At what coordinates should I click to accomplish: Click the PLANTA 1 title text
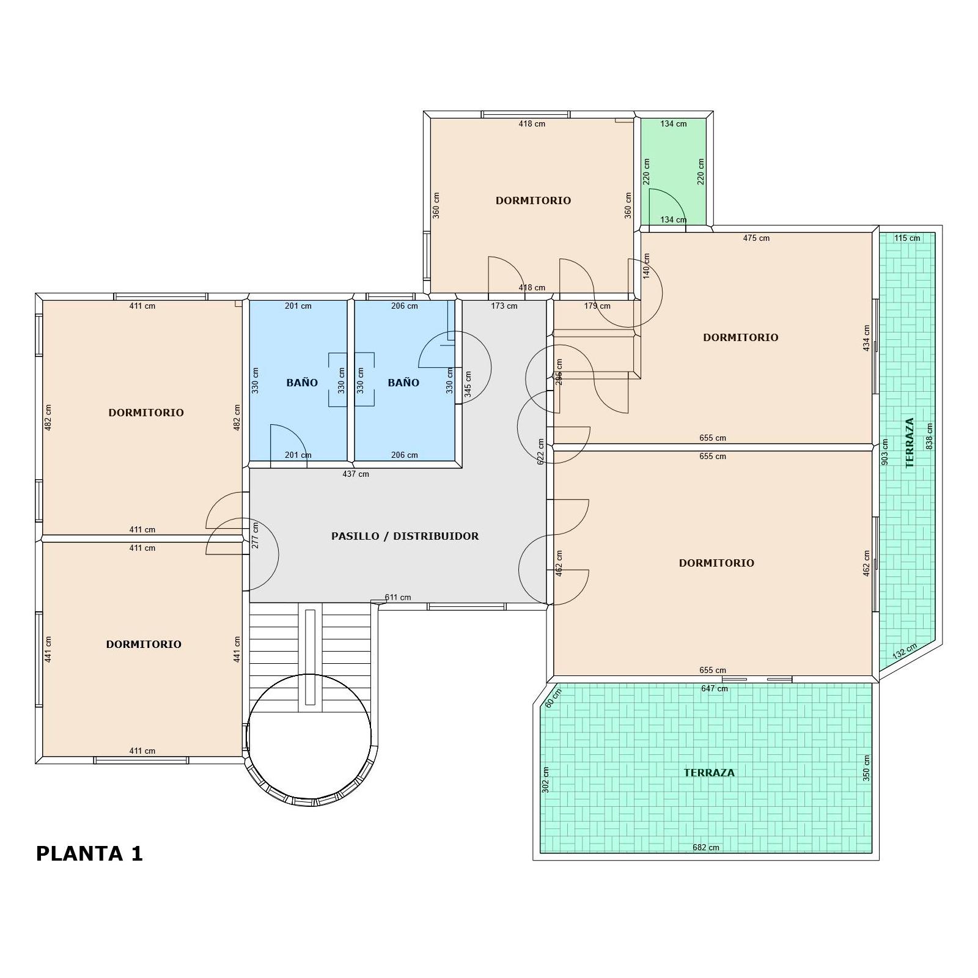coord(89,853)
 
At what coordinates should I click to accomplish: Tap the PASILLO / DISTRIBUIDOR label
coord(405,536)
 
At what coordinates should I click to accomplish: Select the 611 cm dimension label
coord(398,597)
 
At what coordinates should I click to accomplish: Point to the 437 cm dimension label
coord(356,474)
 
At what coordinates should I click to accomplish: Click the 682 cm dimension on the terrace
coord(706,847)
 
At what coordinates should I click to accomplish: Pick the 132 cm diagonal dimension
coord(905,651)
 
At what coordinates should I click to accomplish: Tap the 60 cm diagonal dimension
coord(553,699)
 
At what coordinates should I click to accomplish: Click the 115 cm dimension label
coord(907,238)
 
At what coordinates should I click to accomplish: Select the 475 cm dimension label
coord(756,238)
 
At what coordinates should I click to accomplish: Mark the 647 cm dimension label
coord(715,688)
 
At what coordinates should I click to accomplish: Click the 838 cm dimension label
coord(930,436)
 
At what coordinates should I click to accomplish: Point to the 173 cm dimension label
coord(504,306)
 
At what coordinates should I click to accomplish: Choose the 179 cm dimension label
coord(597,306)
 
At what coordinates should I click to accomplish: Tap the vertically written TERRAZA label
coord(910,443)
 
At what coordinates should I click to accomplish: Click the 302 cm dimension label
coord(546,780)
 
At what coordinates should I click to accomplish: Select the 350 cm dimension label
coord(866,768)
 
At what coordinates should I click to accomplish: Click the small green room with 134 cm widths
coord(674,172)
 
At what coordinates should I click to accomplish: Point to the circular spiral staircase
coord(309,737)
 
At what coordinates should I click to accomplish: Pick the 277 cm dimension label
coord(255,535)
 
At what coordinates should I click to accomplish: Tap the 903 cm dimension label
coord(884,452)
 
